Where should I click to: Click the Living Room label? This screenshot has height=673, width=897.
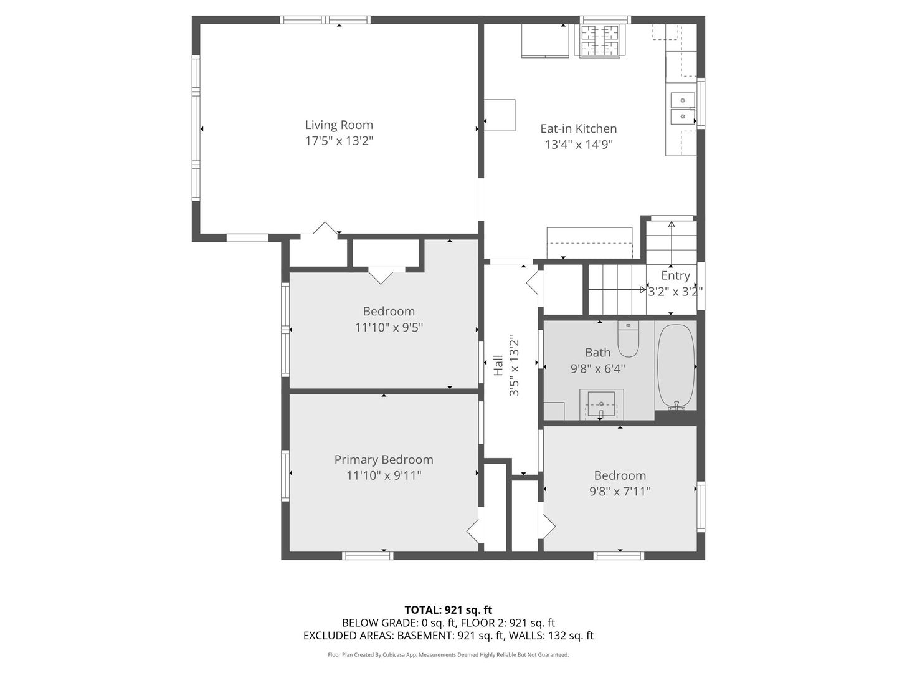(x=339, y=125)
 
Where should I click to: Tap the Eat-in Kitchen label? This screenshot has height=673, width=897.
(x=578, y=129)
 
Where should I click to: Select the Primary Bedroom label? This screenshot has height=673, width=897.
(x=384, y=460)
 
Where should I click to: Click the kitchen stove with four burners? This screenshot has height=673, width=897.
(x=600, y=41)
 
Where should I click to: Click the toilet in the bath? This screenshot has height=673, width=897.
(x=628, y=339)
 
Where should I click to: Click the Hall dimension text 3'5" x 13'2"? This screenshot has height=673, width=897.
(x=515, y=366)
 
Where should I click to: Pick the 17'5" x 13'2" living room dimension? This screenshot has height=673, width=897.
(x=339, y=141)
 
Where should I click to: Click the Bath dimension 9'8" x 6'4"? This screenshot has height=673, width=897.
(x=597, y=369)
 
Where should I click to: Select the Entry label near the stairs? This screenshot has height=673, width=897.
(x=675, y=275)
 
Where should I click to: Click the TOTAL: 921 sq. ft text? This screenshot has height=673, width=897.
(x=448, y=610)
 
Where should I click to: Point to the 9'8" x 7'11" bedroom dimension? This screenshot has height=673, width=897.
(x=620, y=492)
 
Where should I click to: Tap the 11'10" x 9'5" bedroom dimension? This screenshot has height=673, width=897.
(x=389, y=327)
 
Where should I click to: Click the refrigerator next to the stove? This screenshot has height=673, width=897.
(x=545, y=41)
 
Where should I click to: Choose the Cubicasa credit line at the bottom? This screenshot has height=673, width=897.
(x=448, y=655)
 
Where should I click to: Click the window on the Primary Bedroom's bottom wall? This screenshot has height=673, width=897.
(x=368, y=555)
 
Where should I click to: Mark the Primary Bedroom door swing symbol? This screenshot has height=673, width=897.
(x=475, y=531)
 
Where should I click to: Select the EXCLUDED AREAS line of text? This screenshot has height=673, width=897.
(x=448, y=636)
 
